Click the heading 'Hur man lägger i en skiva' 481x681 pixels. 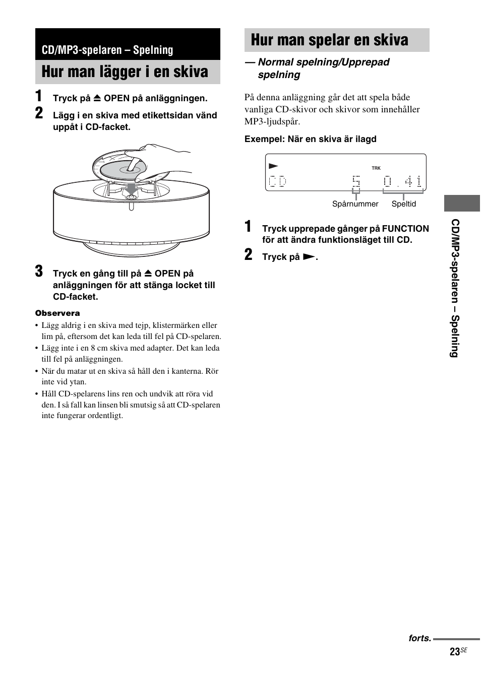[125, 72]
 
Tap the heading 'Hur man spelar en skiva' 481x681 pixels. [329, 40]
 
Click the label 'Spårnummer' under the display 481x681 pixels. [355, 204]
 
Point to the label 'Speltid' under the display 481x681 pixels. [404, 204]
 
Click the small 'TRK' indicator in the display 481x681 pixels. [376, 168]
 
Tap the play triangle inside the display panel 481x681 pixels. [273, 166]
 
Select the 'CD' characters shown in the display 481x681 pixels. [277, 181]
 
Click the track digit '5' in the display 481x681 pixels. [356, 181]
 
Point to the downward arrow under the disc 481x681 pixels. [131, 188]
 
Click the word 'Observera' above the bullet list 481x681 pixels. [57, 313]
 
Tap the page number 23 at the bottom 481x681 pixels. [454, 652]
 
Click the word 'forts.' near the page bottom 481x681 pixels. [419, 638]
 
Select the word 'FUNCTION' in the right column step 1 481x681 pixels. [405, 229]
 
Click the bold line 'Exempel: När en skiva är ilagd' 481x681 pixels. [311, 139]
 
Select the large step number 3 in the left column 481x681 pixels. [39, 271]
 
